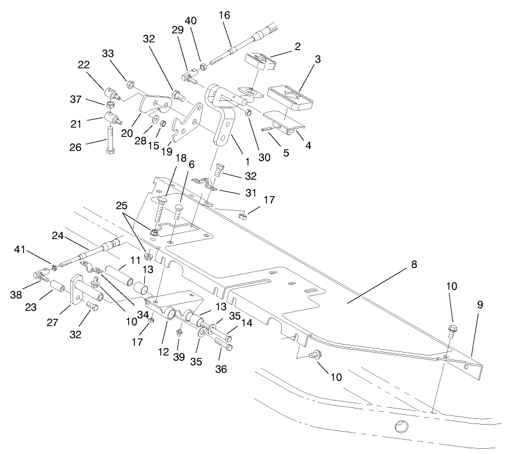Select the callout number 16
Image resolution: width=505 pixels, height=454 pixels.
224,16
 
